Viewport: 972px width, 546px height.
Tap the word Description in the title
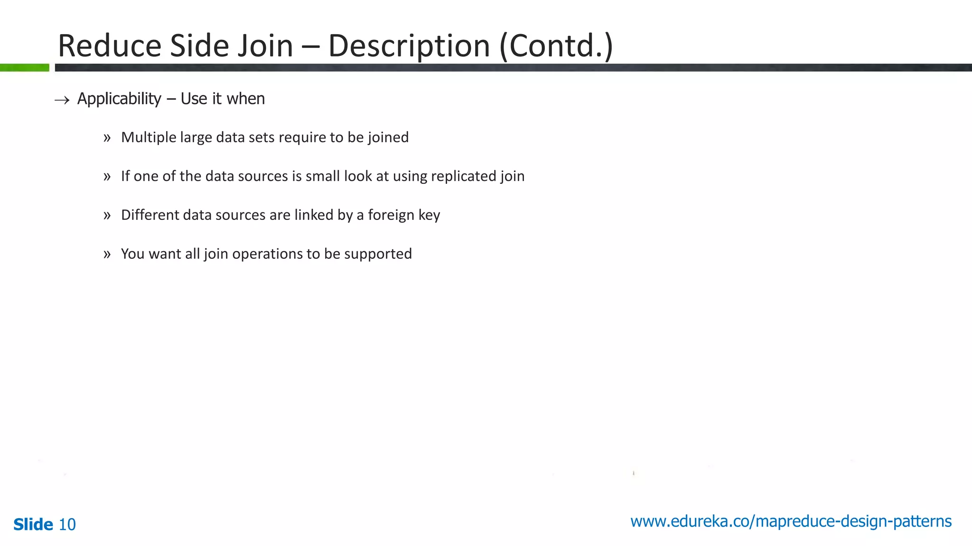pyautogui.click(x=409, y=46)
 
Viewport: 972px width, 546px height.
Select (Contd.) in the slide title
pyautogui.click(x=556, y=46)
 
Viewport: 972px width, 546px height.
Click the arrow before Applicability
pyautogui.click(x=62, y=100)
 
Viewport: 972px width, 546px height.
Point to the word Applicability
pyautogui.click(x=119, y=99)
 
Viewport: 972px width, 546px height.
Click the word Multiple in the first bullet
pyautogui.click(x=149, y=137)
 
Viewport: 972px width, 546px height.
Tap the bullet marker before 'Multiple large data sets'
pyautogui.click(x=107, y=138)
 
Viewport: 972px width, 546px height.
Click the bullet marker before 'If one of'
pyautogui.click(x=107, y=177)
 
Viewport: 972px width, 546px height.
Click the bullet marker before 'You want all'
pyautogui.click(x=107, y=255)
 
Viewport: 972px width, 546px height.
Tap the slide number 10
pyautogui.click(x=67, y=525)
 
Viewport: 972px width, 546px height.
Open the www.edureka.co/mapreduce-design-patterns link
pyautogui.click(x=791, y=521)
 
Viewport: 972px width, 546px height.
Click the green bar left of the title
pyautogui.click(x=25, y=68)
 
